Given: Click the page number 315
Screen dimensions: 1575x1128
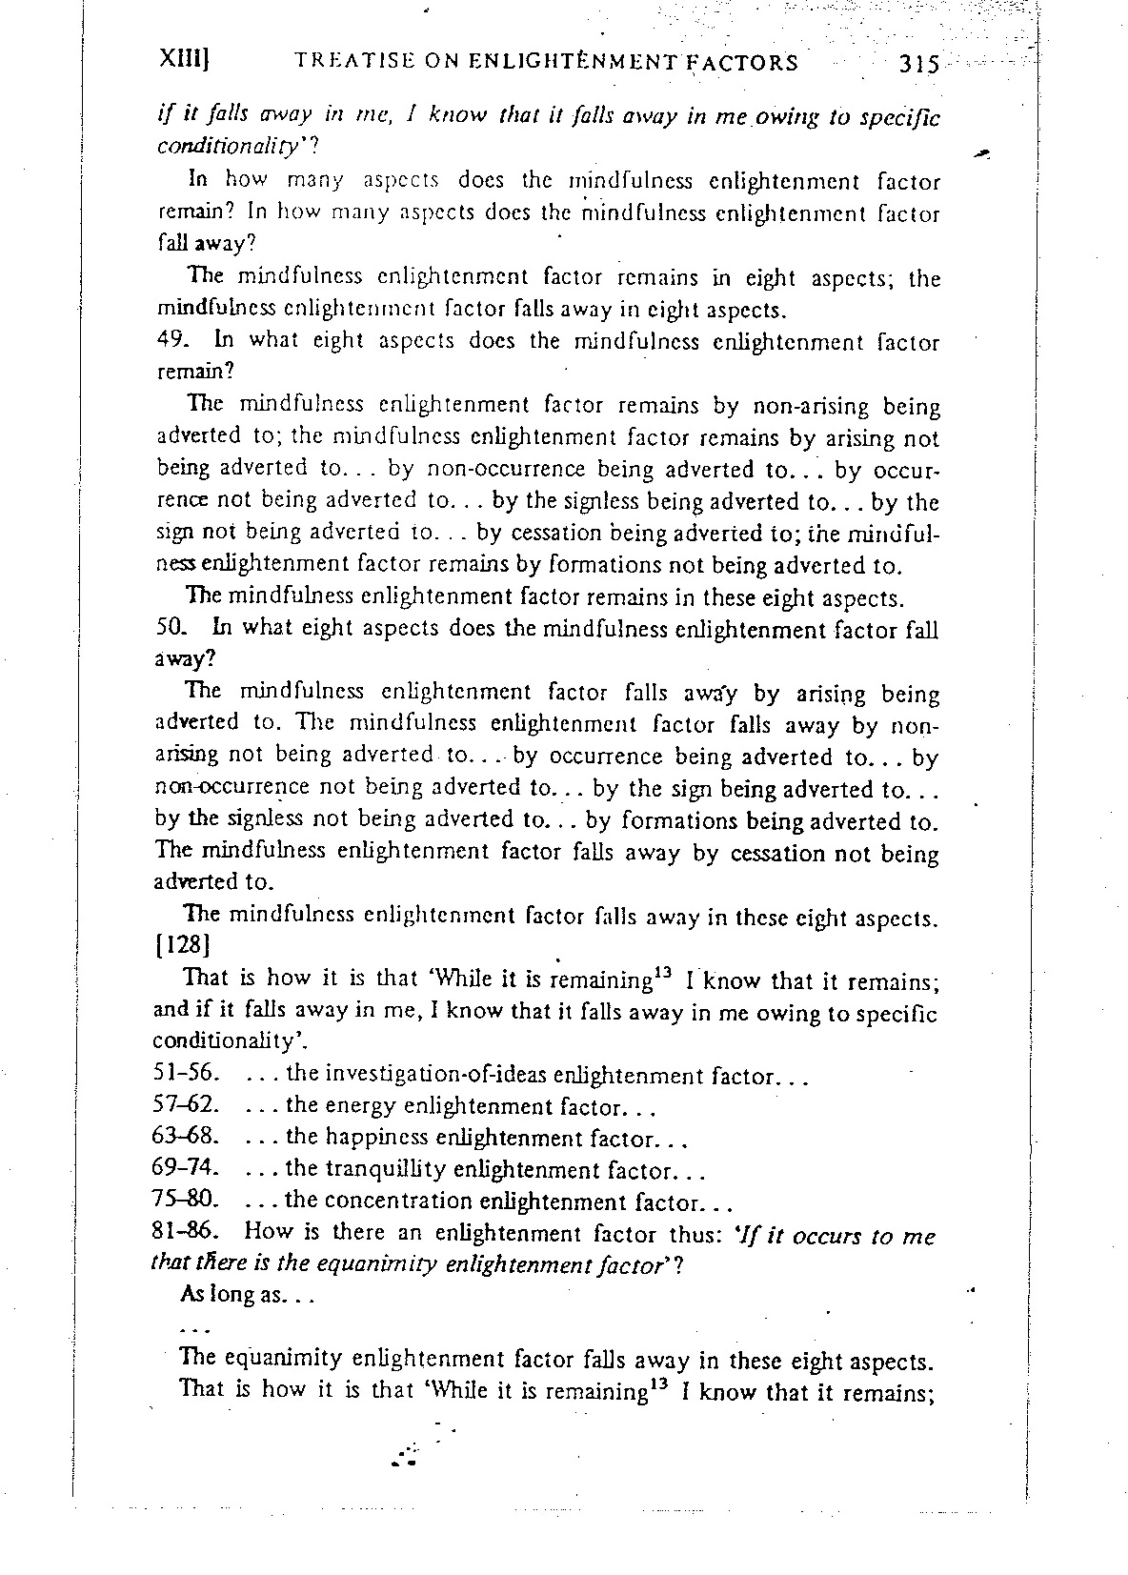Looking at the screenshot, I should pyautogui.click(x=917, y=64).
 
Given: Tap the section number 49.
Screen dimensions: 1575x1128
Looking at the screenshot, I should pyautogui.click(x=169, y=340).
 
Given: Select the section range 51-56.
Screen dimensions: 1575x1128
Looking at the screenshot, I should pyautogui.click(x=187, y=1074).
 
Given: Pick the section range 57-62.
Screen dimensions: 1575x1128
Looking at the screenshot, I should pyautogui.click(x=187, y=1105).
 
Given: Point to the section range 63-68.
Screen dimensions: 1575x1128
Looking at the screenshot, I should pyautogui.click(x=187, y=1137).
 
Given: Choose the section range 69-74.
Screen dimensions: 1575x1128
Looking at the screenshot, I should pyautogui.click(x=187, y=1167).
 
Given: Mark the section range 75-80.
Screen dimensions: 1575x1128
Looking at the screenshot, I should pyautogui.click(x=187, y=1199).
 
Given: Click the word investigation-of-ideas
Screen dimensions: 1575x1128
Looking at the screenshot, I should pyautogui.click(x=436, y=1075).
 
